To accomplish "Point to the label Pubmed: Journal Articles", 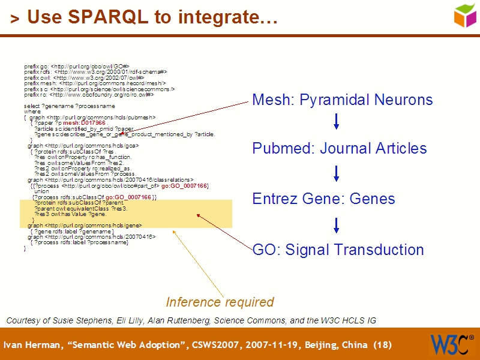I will click(339, 148).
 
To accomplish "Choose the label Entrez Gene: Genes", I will click(323, 199).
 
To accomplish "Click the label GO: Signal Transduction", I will click(338, 250).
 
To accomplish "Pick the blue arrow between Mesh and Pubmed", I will click(336, 122).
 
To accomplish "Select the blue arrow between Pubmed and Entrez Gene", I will click(336, 174).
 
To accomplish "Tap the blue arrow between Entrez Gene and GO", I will click(336, 225).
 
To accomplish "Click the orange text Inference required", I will click(220, 302).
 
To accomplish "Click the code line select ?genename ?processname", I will click(69, 106).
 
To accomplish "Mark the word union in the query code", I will click(41, 191).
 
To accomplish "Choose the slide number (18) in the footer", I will click(382, 345).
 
